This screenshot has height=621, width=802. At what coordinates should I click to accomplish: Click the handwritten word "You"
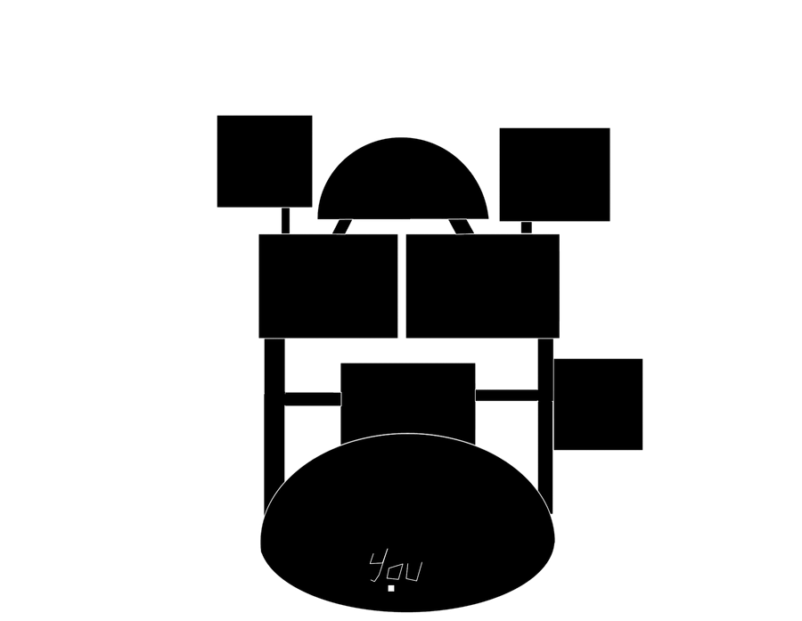coord(396,567)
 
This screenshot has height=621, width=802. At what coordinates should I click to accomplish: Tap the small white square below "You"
coord(391,588)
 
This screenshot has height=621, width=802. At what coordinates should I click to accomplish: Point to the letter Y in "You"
coord(378,567)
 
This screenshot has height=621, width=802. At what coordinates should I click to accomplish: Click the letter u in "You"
coord(413,572)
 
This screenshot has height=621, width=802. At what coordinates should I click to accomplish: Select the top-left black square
coord(265,161)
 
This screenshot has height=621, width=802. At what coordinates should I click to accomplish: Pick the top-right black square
coord(554,175)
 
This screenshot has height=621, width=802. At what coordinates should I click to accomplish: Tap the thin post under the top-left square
coord(286,220)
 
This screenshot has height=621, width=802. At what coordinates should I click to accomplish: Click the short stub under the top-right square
coord(527,227)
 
